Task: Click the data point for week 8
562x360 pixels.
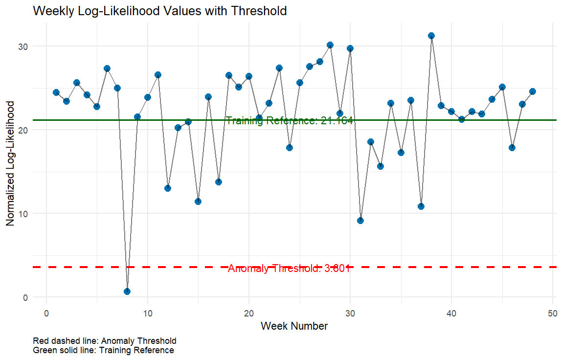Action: [127, 292]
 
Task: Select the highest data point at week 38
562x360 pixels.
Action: [431, 36]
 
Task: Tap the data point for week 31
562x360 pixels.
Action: [360, 221]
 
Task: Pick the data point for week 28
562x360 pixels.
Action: [330, 45]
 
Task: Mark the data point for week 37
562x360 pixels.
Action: [421, 206]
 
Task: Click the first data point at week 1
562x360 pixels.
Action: [56, 92]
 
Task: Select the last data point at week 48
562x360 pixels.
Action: [533, 91]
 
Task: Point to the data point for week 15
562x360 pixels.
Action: [198, 202]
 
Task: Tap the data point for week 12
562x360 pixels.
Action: [168, 188]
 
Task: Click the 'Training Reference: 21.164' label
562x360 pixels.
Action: [290, 121]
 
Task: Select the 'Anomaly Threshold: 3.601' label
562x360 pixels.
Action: [290, 269]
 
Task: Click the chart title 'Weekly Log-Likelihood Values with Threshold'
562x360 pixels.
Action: [159, 11]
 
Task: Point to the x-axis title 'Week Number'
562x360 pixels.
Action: [294, 326]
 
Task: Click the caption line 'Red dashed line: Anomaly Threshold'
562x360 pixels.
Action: [104, 340]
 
